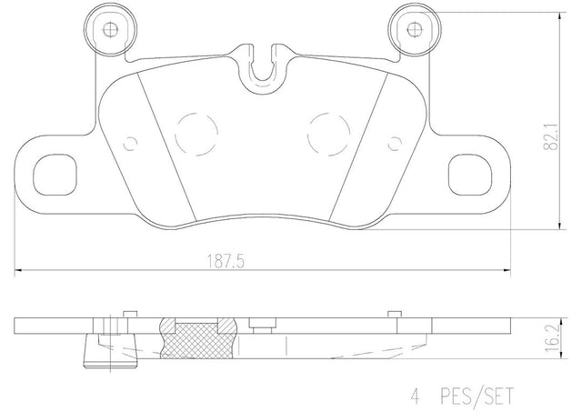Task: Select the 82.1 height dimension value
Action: coord(551,136)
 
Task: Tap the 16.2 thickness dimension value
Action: coord(553,339)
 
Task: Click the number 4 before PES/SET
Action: coord(415,396)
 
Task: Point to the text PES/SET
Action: coord(477,396)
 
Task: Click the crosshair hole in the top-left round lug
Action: coord(110,29)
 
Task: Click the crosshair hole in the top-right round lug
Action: coord(414,29)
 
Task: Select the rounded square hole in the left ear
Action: coord(55,175)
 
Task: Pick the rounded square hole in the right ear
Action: coord(470,175)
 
